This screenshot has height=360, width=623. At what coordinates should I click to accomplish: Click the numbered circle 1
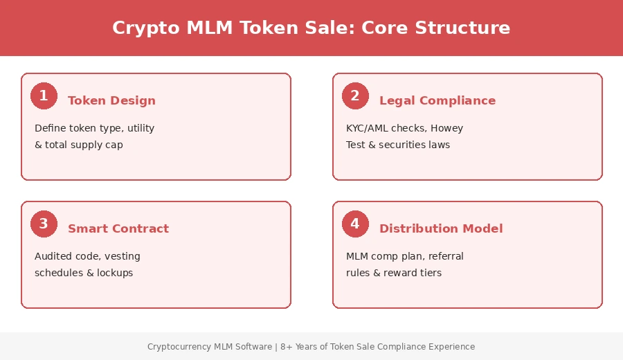pyautogui.click(x=44, y=96)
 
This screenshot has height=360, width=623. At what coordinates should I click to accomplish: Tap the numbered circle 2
pyautogui.click(x=355, y=96)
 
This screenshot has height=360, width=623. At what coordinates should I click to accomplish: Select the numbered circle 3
pyautogui.click(x=44, y=224)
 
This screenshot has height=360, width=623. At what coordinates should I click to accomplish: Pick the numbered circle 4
pyautogui.click(x=355, y=224)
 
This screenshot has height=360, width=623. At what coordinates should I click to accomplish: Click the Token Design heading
pyautogui.click(x=111, y=100)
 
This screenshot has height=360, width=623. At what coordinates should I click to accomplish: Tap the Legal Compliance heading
pyautogui.click(x=437, y=100)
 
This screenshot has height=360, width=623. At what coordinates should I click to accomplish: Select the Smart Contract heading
pyautogui.click(x=118, y=228)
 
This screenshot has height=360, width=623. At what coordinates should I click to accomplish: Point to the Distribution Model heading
pyautogui.click(x=441, y=228)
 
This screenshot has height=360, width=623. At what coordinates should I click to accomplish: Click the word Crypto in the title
pyautogui.click(x=142, y=28)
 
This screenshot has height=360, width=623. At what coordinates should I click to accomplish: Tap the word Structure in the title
pyautogui.click(x=462, y=28)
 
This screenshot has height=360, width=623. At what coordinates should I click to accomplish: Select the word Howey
pyautogui.click(x=446, y=128)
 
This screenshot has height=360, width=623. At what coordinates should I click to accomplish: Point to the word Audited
pyautogui.click(x=52, y=256)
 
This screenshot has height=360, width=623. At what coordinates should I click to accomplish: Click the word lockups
pyautogui.click(x=115, y=273)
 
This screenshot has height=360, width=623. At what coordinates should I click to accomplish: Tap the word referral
pyautogui.click(x=446, y=256)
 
